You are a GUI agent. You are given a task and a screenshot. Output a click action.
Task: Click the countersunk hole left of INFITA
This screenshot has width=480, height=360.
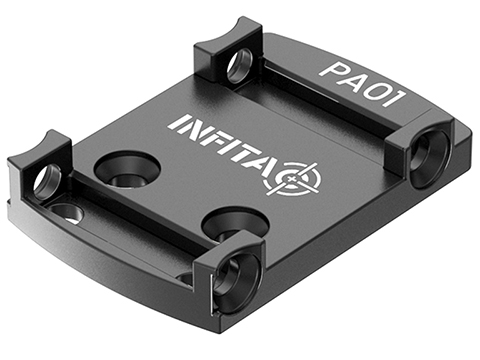click(126, 170)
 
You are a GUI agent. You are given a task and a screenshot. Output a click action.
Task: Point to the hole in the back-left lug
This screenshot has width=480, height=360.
click(239, 67)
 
